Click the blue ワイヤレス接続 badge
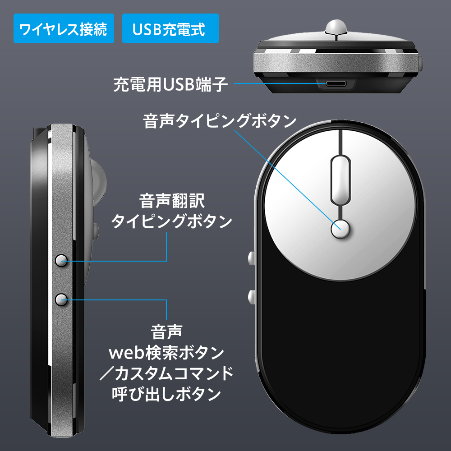pyautogui.click(x=64, y=28)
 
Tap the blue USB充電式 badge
pyautogui.click(x=170, y=28)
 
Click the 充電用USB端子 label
pyautogui.click(x=170, y=84)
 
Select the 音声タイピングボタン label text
pyautogui.click(x=220, y=121)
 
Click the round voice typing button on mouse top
pyautogui.click(x=340, y=229)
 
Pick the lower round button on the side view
pyautogui.click(x=61, y=299)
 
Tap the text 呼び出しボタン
pyautogui.click(x=166, y=394)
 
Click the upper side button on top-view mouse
pyautogui.click(x=251, y=258)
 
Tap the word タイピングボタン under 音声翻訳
pyautogui.click(x=171, y=221)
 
